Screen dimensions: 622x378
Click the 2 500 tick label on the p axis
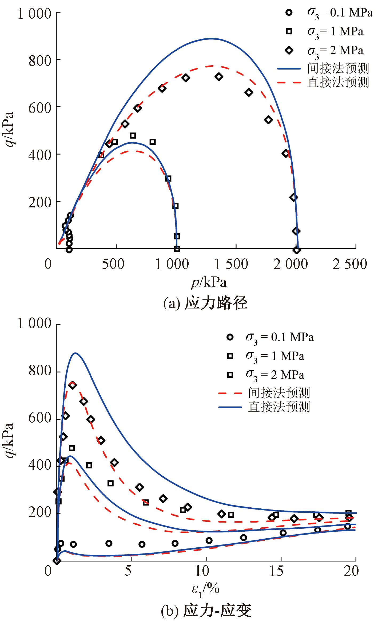point(350,264)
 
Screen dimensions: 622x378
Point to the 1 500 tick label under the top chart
point(231,264)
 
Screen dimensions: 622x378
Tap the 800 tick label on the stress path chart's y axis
point(40,61)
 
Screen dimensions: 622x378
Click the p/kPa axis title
point(209,283)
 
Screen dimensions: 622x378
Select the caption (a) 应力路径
point(205,303)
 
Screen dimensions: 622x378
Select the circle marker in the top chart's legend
point(289,12)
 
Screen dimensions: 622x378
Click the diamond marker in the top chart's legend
point(289,50)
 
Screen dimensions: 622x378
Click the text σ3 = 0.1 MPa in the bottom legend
point(280,338)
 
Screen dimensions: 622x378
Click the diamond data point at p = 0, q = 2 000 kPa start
point(297,250)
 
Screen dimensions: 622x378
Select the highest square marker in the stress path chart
point(133,136)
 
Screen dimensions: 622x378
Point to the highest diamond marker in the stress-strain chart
point(73,385)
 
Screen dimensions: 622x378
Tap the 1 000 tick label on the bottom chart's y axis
point(34,324)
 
